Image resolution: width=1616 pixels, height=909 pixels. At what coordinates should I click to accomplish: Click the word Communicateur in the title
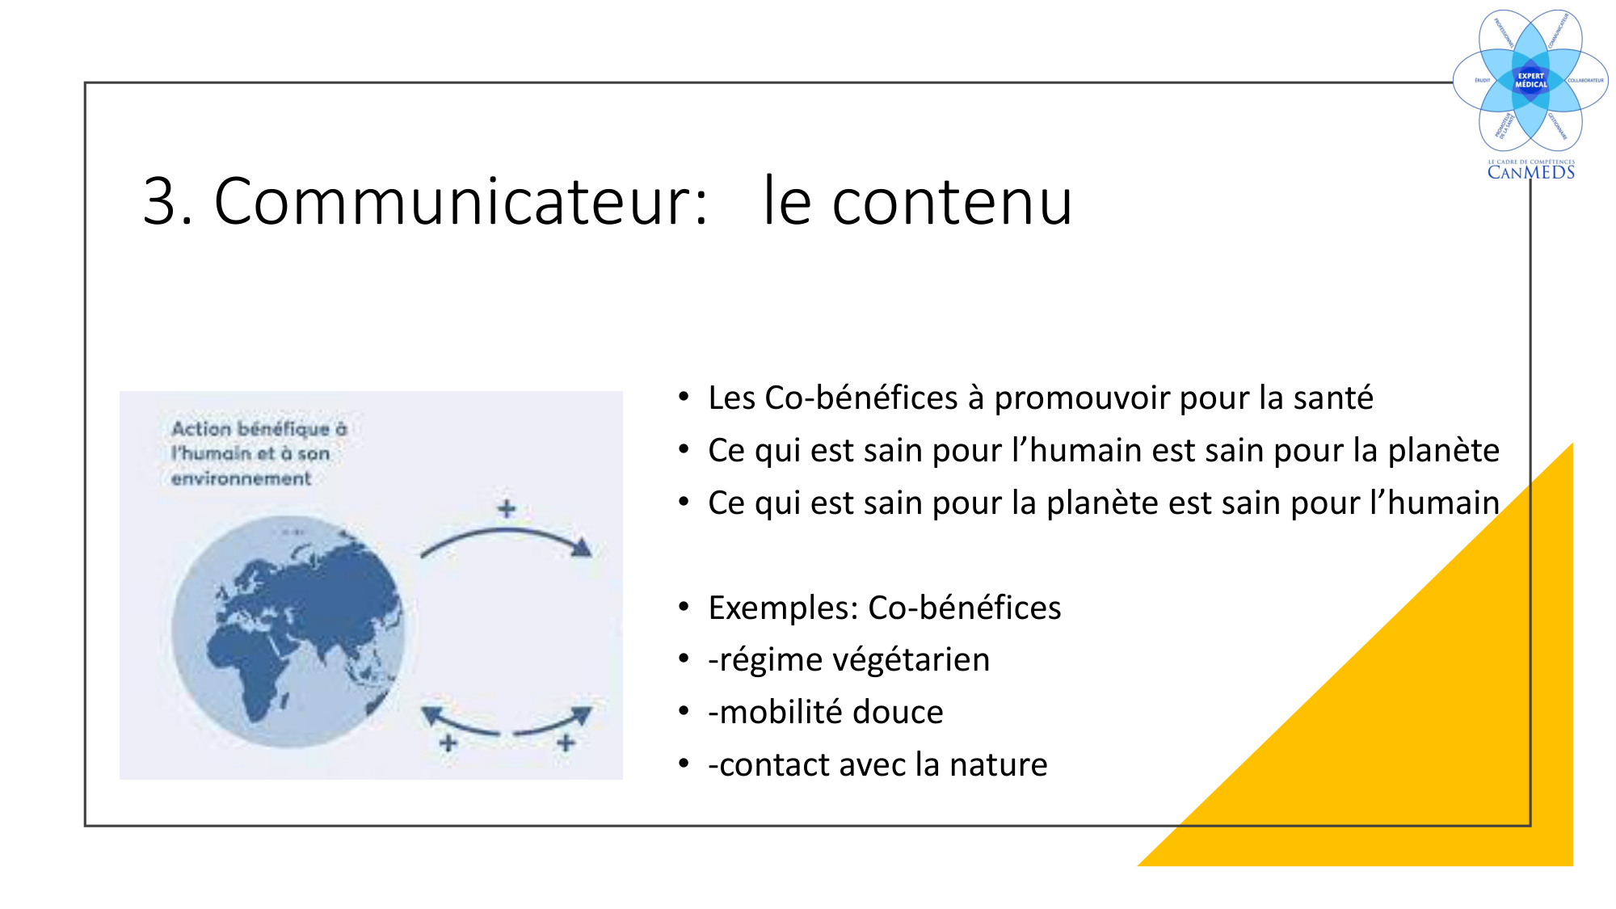pos(460,201)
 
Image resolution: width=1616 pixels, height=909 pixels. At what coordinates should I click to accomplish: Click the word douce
pos(898,713)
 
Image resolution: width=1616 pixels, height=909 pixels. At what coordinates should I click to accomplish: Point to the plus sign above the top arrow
pos(507,509)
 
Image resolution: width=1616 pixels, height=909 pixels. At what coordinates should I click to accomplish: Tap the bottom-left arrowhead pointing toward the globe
pos(432,715)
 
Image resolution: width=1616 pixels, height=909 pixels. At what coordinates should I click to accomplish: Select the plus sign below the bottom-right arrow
pos(566,743)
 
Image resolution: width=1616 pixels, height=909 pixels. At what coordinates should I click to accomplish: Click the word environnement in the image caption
pos(241,478)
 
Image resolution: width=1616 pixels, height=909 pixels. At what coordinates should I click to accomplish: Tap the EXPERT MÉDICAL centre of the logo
pos(1530,80)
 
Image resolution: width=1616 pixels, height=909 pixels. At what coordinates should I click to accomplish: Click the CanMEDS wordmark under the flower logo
pos(1530,172)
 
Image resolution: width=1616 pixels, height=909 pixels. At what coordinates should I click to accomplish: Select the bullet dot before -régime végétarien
pos(684,659)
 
